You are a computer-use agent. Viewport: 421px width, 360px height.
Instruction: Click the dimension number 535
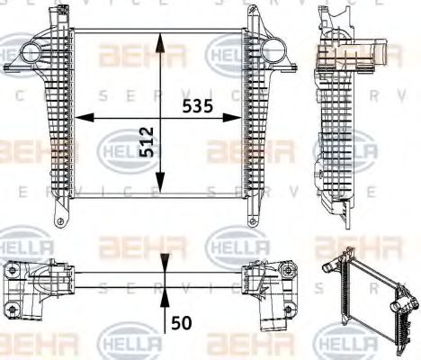point(198,105)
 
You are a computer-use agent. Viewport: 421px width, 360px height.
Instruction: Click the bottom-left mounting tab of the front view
point(60,219)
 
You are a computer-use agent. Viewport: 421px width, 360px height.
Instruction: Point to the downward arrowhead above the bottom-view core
point(163,261)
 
